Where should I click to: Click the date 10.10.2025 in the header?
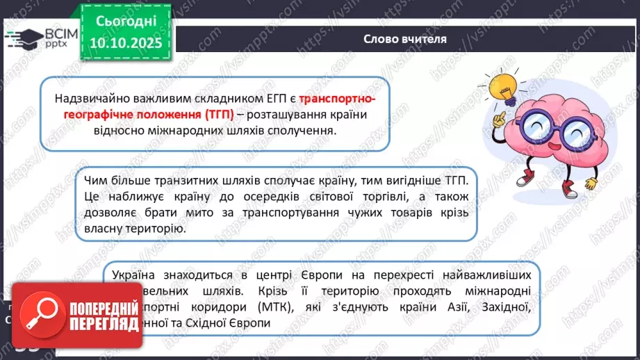click(125, 44)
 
